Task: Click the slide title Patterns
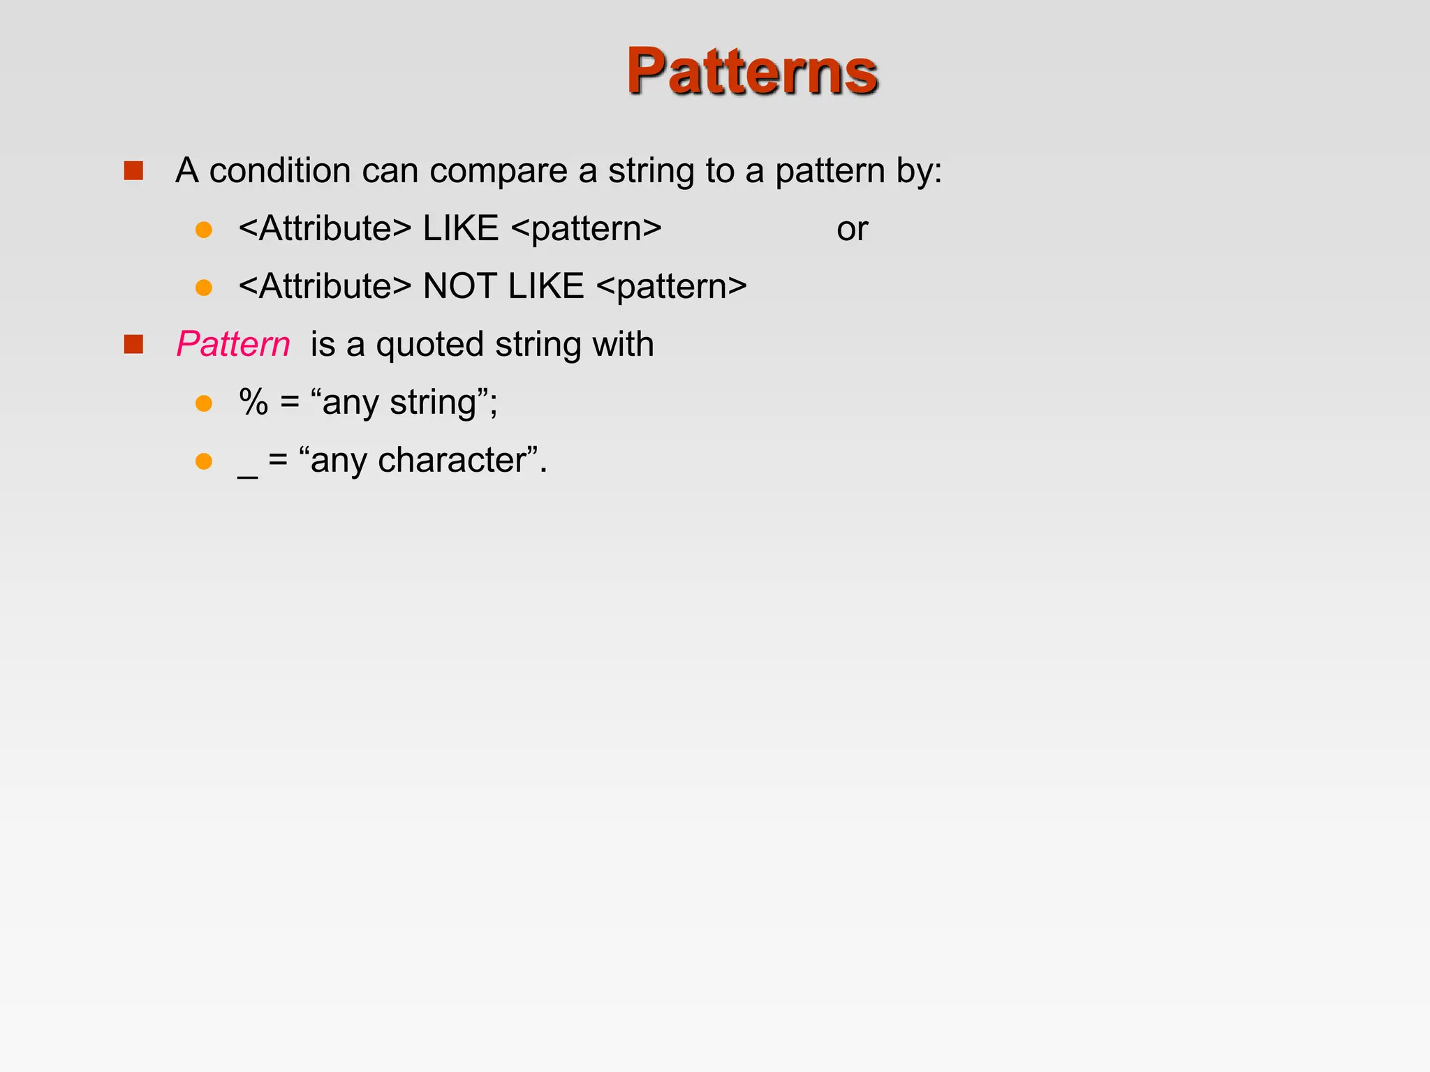pos(751,71)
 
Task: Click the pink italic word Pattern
pos(233,344)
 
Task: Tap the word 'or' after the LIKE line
pos(852,229)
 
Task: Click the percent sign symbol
pos(253,403)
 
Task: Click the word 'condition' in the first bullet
pos(280,171)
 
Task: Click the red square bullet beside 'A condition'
pos(133,171)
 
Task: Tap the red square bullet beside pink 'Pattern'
pos(133,344)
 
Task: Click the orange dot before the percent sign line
pos(204,403)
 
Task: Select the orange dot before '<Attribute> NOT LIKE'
pos(204,288)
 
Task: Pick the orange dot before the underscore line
pos(204,461)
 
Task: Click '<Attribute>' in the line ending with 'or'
pos(325,229)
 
